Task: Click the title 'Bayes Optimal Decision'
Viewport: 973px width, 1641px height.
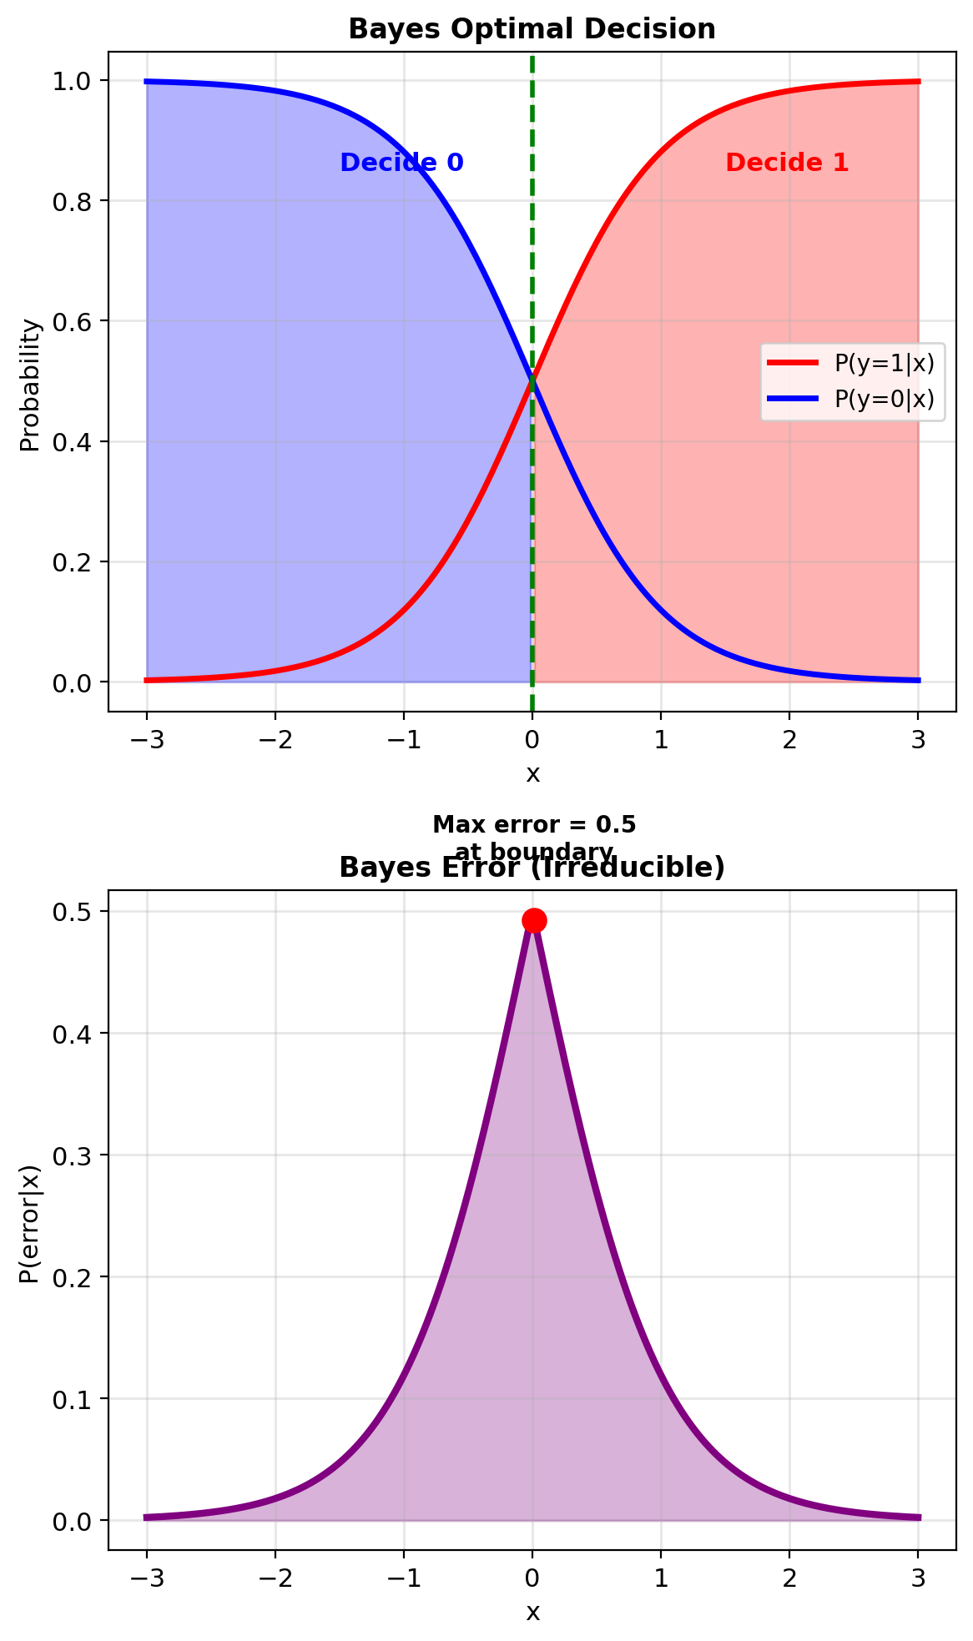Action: [x=532, y=29]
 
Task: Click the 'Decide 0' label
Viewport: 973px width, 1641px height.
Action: [x=401, y=163]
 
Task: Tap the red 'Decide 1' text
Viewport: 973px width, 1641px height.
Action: [x=787, y=163]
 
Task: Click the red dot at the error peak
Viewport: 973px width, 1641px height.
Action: [x=534, y=920]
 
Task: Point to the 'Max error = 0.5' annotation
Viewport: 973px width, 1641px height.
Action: [x=534, y=825]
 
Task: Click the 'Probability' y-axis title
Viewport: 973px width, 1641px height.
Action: [x=30, y=385]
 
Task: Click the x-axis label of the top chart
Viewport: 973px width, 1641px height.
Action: [x=532, y=774]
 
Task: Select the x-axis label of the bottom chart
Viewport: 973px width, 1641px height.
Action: [x=532, y=1613]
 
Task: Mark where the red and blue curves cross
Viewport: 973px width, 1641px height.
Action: [x=532, y=381]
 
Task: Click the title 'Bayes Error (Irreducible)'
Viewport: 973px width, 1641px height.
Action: [x=532, y=868]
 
